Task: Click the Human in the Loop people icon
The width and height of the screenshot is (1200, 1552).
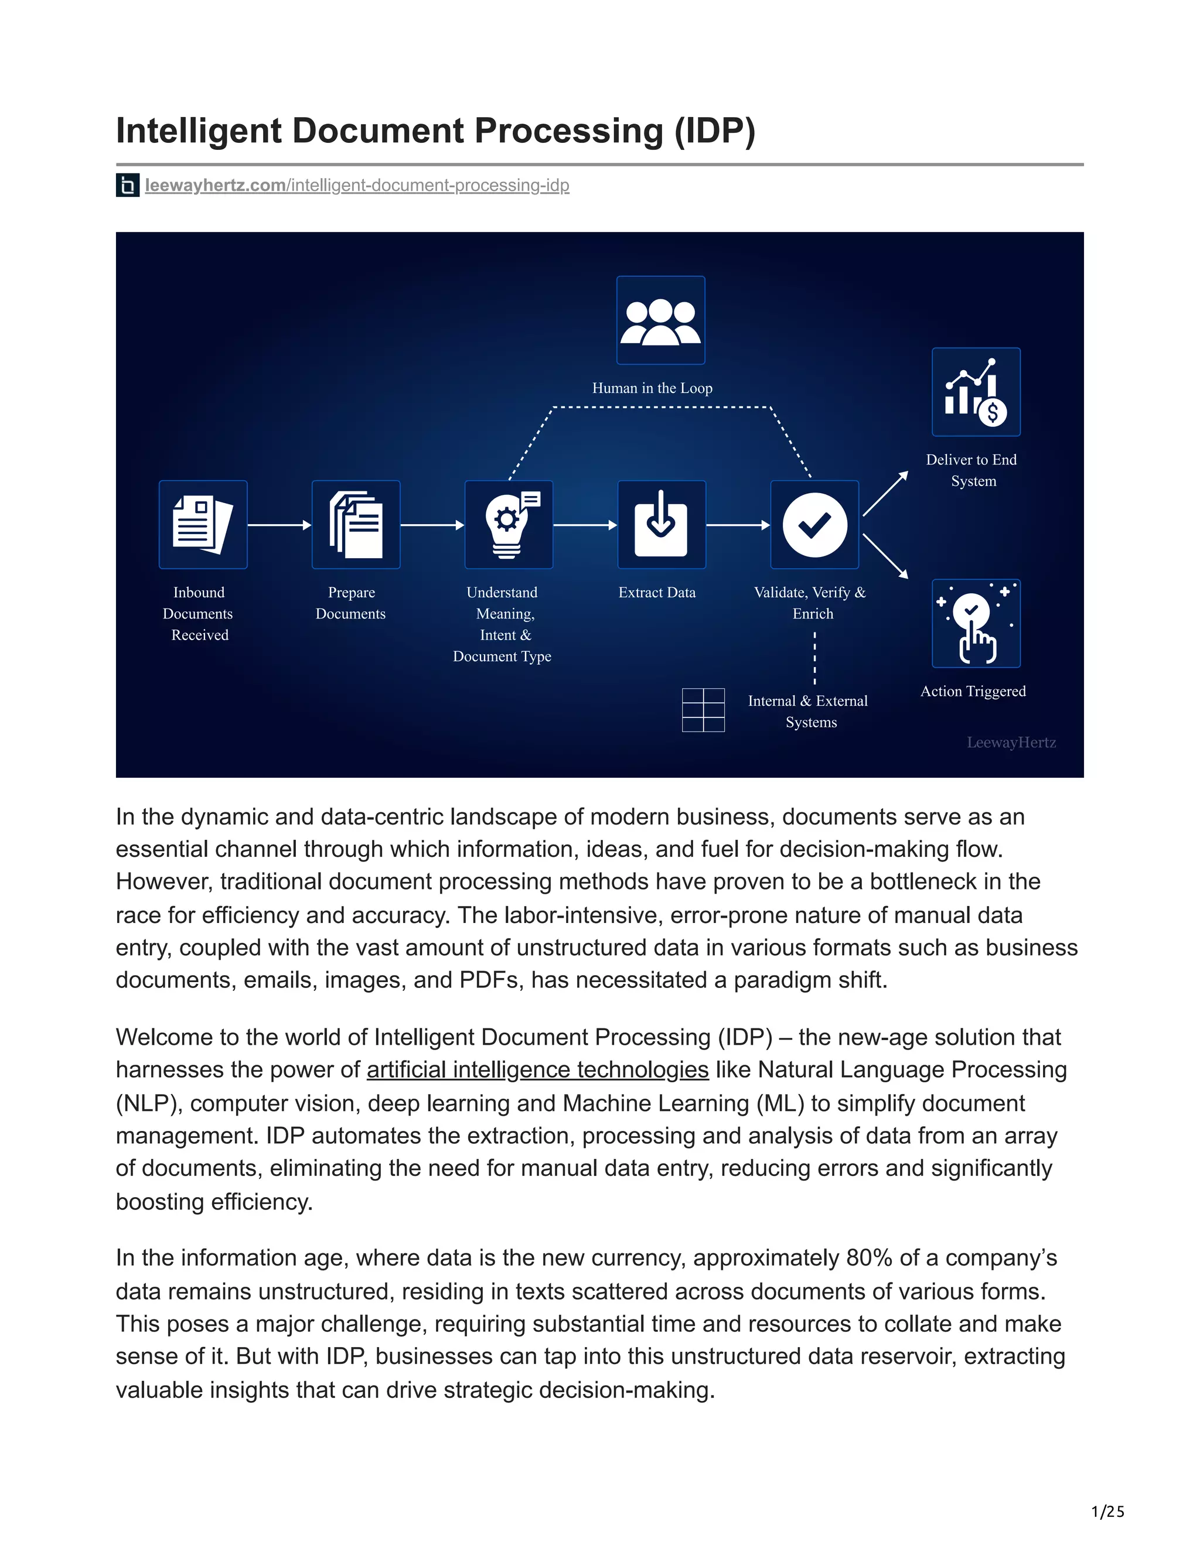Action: pos(660,320)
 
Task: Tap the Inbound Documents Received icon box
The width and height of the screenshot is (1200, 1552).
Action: pos(203,524)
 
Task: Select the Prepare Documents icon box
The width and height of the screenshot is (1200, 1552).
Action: pos(356,524)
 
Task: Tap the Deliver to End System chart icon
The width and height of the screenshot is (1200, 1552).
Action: pos(976,392)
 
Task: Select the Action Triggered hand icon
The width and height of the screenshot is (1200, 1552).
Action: pos(976,623)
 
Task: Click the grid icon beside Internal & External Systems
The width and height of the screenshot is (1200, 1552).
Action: pos(703,710)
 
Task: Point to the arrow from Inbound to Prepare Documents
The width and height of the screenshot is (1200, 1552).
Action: pos(279,525)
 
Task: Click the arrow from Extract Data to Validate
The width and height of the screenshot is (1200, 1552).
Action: pos(738,525)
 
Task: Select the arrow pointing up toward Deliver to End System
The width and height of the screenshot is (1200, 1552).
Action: pos(885,493)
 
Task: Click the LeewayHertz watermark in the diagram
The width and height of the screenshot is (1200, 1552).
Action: pos(1011,743)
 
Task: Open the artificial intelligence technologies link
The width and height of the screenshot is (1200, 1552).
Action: pos(537,1069)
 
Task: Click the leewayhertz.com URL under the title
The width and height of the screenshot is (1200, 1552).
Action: pos(357,186)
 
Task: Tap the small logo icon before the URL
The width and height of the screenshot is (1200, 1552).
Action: pos(128,186)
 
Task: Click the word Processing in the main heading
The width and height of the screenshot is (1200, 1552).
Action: pos(568,131)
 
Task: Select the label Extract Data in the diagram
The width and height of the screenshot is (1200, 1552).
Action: pos(657,593)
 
